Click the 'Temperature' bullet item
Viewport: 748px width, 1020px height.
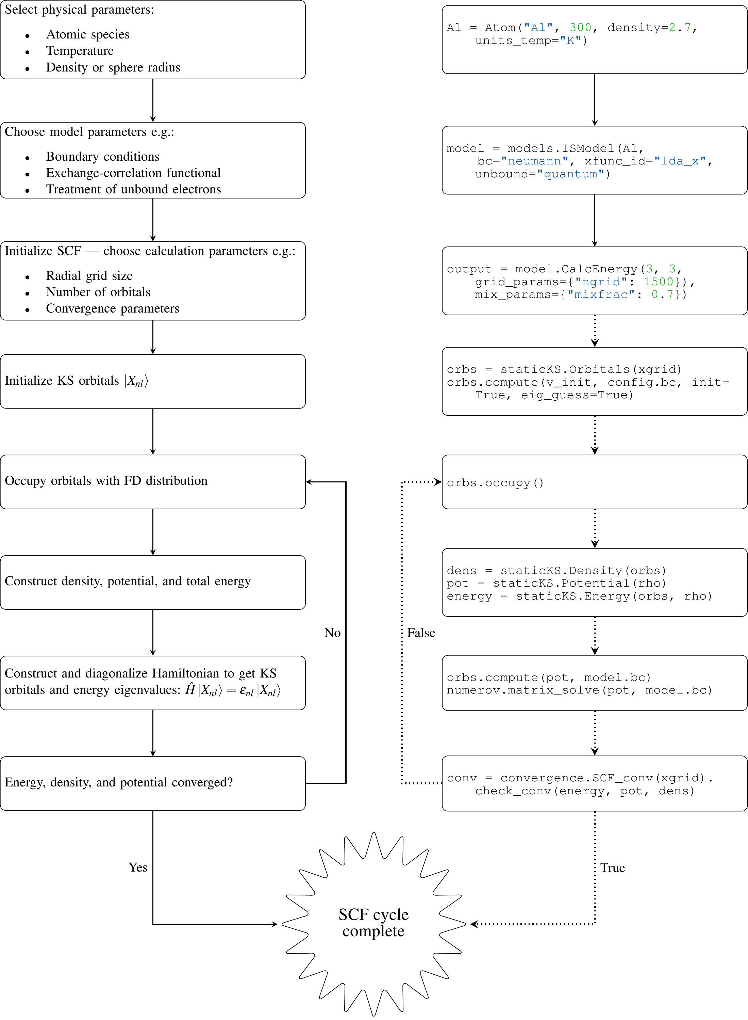(80, 51)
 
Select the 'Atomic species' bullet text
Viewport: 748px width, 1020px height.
(88, 34)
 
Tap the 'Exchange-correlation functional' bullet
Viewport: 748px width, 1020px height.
(133, 173)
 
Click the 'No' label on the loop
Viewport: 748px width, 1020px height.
(332, 633)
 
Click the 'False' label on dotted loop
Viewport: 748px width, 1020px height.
(421, 633)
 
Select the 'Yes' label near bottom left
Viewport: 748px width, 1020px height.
(138, 867)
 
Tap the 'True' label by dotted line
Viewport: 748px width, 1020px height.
(613, 867)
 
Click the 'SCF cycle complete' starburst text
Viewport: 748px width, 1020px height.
(373, 923)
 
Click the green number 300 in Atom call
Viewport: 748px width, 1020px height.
(580, 28)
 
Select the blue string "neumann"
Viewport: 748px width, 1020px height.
(534, 161)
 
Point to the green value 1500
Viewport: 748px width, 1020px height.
(659, 282)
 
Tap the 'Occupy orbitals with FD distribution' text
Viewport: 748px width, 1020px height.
(106, 481)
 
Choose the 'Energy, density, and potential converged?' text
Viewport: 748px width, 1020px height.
(119, 783)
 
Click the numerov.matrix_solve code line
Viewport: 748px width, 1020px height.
(580, 690)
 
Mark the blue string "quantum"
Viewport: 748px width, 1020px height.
(570, 174)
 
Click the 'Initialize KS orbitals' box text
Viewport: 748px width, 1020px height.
(77, 381)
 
